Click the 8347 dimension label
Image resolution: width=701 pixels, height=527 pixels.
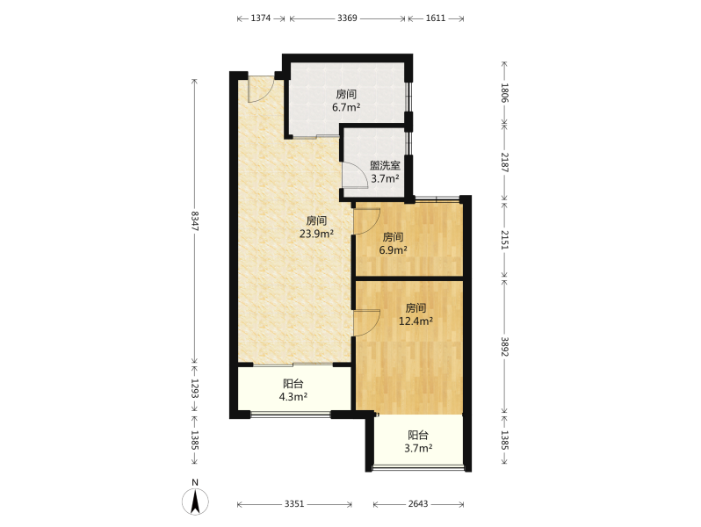(x=195, y=220)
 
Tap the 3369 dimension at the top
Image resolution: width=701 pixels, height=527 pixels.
(x=347, y=18)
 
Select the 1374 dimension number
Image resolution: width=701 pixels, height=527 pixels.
(x=261, y=18)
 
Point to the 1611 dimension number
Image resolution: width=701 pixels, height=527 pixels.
(x=436, y=18)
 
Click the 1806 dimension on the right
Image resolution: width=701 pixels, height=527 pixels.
(x=504, y=92)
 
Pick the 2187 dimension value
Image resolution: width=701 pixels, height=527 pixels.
(x=504, y=162)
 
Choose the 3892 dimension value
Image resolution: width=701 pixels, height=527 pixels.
(x=504, y=346)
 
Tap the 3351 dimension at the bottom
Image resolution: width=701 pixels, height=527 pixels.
(x=294, y=504)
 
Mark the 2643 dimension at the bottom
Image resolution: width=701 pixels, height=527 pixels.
(x=418, y=504)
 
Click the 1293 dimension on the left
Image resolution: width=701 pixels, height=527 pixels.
(x=195, y=388)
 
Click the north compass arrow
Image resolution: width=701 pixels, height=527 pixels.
(x=195, y=502)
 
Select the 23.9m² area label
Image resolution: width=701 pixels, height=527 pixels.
(x=316, y=234)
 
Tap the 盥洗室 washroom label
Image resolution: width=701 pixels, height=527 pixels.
(x=385, y=165)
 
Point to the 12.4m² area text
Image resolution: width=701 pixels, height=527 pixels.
(x=416, y=321)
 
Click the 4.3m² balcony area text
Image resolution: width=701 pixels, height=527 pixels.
(x=293, y=396)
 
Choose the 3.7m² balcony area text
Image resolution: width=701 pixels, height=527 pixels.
(x=418, y=448)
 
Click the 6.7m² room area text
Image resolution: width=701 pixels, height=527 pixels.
(x=346, y=107)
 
